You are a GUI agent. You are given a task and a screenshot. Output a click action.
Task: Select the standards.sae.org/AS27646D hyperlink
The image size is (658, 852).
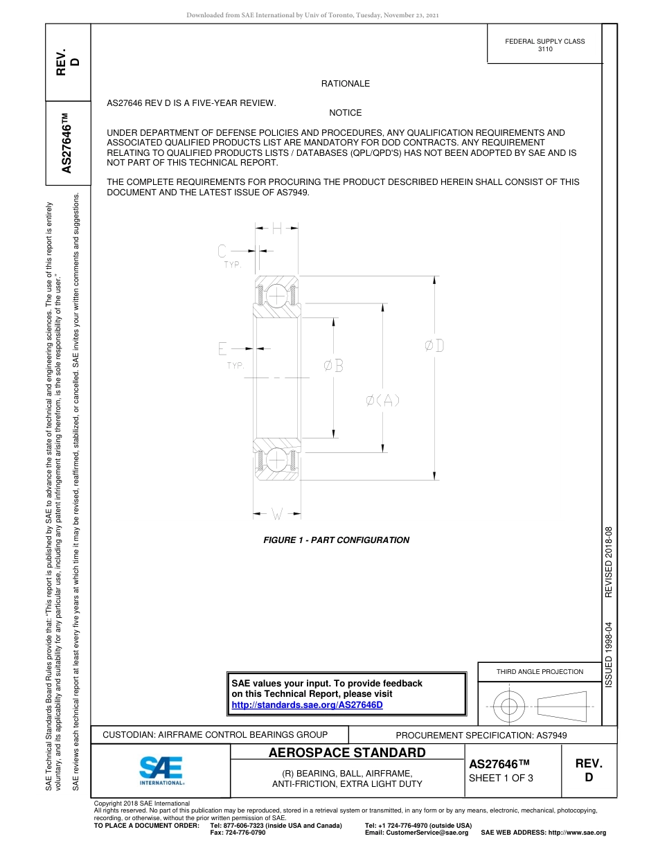point(307,705)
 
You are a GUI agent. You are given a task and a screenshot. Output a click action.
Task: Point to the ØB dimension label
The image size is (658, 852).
point(334,365)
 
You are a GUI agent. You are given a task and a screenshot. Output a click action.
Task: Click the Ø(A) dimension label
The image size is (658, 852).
point(383,400)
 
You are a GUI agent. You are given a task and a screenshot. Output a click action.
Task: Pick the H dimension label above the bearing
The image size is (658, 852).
point(276,227)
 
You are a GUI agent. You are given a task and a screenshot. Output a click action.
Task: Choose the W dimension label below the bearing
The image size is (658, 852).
point(276,514)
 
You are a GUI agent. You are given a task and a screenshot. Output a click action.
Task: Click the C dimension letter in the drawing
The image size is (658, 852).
point(222,251)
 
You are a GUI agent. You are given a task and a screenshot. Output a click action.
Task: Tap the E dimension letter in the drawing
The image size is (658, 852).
point(222,348)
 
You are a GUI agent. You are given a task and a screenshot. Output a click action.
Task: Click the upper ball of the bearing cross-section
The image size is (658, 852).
point(276,296)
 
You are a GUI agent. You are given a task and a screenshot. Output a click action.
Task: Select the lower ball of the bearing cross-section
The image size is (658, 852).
point(276,459)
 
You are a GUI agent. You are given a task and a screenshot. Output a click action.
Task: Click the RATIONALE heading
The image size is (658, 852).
point(345,84)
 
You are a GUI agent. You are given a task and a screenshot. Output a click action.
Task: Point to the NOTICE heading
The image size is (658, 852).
point(345,113)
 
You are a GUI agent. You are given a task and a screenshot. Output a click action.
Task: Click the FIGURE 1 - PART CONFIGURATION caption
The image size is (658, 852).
point(337,540)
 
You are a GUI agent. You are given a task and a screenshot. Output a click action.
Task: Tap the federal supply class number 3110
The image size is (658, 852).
point(545,50)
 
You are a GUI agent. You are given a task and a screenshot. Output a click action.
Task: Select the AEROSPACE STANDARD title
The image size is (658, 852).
point(347,753)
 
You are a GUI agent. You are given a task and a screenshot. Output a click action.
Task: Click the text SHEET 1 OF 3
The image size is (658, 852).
point(501,778)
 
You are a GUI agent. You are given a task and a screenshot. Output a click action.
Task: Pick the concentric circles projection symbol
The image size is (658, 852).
point(509,707)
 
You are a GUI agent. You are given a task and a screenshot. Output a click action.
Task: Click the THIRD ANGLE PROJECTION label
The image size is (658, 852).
point(540,671)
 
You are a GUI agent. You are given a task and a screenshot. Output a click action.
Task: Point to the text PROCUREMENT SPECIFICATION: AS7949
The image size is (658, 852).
point(481,735)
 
